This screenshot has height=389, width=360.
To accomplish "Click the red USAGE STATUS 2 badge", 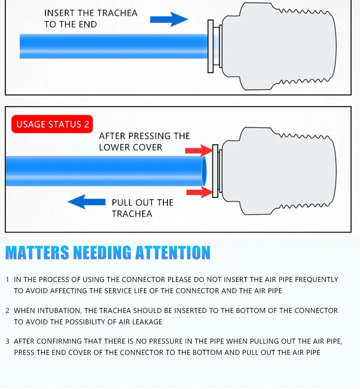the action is pyautogui.click(x=53, y=125).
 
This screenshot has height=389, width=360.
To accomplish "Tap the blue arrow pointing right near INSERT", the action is pyautogui.click(x=169, y=19).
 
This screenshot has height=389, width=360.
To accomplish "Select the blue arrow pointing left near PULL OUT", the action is pyautogui.click(x=87, y=201).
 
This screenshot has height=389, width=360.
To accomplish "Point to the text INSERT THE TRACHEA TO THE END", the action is pyautogui.click(x=90, y=18).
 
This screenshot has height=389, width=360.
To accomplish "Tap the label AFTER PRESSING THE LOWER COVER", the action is pyautogui.click(x=144, y=141).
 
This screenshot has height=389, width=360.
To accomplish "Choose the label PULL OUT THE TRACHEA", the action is pyautogui.click(x=142, y=208).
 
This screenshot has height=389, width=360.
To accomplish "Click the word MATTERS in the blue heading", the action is pyautogui.click(x=37, y=253).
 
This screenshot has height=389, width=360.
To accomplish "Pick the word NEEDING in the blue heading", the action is pyautogui.click(x=102, y=253).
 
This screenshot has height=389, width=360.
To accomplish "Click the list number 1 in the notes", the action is pyautogui.click(x=7, y=280).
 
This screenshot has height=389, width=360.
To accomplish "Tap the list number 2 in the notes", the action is pyautogui.click(x=7, y=311).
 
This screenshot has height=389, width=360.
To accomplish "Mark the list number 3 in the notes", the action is pyautogui.click(x=7, y=341).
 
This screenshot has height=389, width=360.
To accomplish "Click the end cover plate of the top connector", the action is pyautogui.click(x=210, y=46).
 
